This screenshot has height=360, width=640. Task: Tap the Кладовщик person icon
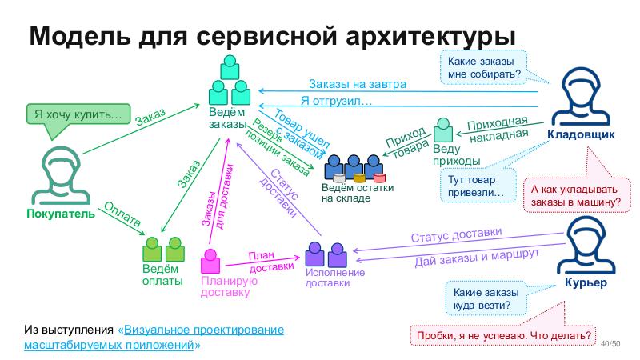pyautogui.click(x=581, y=96)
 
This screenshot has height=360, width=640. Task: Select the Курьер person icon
pyautogui.click(x=593, y=247)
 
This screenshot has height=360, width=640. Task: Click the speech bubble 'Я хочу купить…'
pyautogui.click(x=77, y=114)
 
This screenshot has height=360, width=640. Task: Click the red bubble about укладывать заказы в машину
pyautogui.click(x=576, y=196)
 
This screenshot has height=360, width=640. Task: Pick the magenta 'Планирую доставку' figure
pyautogui.click(x=211, y=263)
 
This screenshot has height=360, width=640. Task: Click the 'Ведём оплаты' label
pyautogui.click(x=162, y=275)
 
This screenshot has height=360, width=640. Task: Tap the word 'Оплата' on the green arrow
pyautogui.click(x=123, y=210)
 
